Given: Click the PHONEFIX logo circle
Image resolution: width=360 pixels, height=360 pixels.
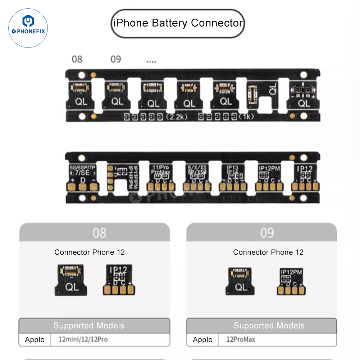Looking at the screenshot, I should [x=28, y=28].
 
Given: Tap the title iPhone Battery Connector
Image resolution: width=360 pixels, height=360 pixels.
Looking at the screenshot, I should [x=178, y=23].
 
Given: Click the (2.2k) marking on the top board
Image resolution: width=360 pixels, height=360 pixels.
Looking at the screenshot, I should [x=177, y=117].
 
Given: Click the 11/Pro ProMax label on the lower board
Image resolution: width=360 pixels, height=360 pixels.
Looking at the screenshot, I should [x=160, y=170].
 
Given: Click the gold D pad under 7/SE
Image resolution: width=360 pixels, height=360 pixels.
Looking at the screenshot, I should [x=82, y=186].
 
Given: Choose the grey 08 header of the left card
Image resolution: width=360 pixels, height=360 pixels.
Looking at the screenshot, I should [x=95, y=232].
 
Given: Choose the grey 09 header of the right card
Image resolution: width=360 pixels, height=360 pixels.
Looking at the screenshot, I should [x=262, y=232].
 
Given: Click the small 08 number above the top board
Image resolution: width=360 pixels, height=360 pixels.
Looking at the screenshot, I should [x=77, y=59].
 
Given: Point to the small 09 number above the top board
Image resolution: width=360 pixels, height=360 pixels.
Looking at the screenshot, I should [x=116, y=59].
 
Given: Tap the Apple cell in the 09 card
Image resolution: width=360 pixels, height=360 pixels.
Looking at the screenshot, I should [x=202, y=340].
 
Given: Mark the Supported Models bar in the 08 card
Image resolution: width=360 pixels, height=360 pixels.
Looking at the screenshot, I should [x=94, y=326].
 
